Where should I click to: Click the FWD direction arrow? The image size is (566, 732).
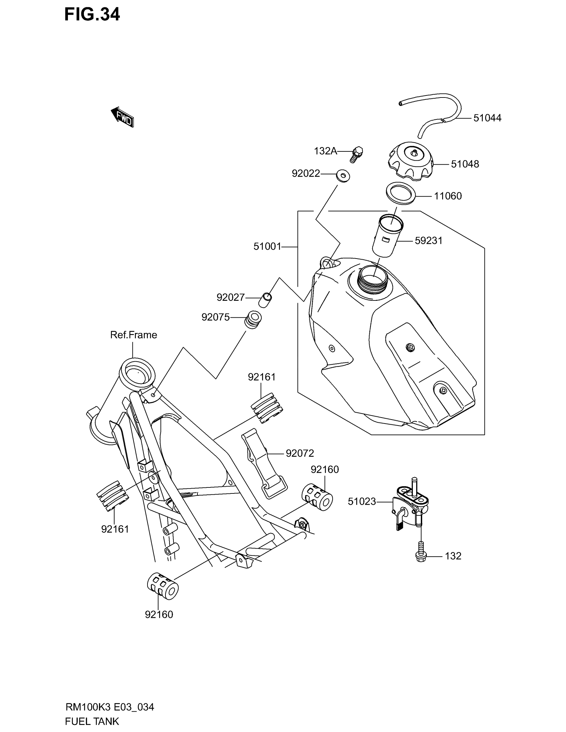[x=123, y=117]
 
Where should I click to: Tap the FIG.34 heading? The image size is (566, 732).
[x=92, y=15]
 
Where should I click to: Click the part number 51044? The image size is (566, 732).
[x=487, y=118]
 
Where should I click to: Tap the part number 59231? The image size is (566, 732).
[x=428, y=241]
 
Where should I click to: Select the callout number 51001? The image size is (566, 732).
[x=267, y=247]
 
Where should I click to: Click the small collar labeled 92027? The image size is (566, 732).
[x=265, y=299]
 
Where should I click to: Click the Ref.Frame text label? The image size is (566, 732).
[x=134, y=335]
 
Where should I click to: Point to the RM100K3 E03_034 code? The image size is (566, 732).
[x=110, y=707]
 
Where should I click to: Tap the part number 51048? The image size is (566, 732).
[x=465, y=164]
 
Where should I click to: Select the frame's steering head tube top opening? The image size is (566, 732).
[x=137, y=373]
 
